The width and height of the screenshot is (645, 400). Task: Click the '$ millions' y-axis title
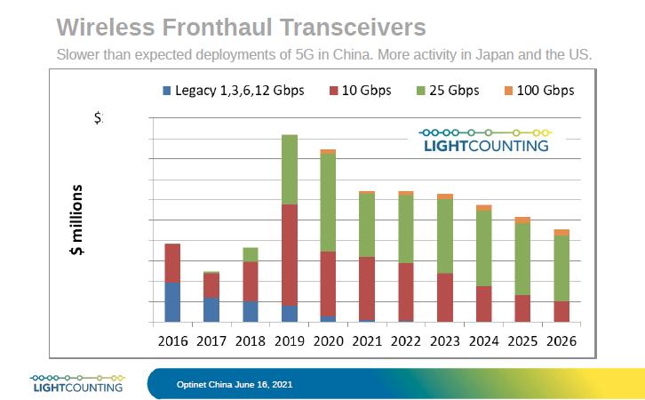coord(77,220)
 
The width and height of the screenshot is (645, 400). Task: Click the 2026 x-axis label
coord(561,340)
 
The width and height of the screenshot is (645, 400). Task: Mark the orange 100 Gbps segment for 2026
coord(561,233)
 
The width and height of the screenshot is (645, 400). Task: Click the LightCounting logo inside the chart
coord(485,140)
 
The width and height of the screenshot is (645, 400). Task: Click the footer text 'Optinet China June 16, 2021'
coord(235,384)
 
